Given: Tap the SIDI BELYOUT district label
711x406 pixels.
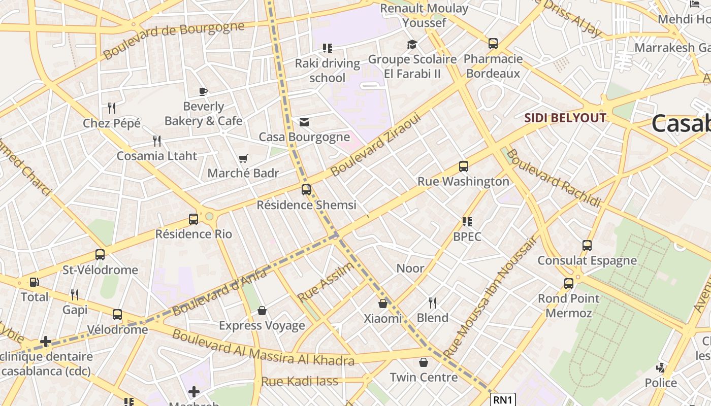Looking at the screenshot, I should pos(565,118).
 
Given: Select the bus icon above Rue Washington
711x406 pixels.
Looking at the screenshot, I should pos(463,166).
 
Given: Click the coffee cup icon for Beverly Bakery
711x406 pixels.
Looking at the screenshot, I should pos(203,92).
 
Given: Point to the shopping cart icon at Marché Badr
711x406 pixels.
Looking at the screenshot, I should pos(243,159).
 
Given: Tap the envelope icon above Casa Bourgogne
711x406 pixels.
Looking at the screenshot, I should pos(304,122).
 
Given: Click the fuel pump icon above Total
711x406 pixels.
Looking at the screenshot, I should pos(34,282).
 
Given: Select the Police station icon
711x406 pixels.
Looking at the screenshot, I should pos(661,368).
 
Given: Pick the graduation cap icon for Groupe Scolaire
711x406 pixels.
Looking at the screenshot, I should pos(412,45).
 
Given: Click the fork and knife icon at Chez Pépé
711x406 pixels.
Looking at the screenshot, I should pos(112,108).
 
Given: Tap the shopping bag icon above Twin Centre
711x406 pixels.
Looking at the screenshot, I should pos(424,363).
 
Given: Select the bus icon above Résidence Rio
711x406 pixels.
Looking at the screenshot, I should pos(193,219).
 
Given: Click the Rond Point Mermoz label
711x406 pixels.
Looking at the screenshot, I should pos(568,306).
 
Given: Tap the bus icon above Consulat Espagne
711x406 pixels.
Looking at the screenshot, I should pos(587,246).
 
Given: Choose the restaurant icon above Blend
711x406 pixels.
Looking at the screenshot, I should pos(433,303).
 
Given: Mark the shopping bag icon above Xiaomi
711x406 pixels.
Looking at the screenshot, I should pos(383,303).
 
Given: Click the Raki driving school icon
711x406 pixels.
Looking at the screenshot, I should pos(328,48).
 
